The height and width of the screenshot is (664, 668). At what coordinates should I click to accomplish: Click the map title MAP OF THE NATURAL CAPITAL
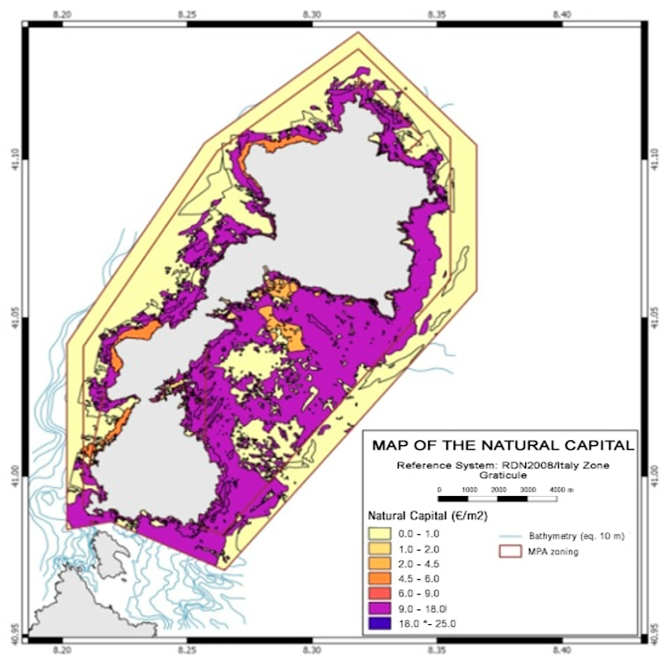coord(503,445)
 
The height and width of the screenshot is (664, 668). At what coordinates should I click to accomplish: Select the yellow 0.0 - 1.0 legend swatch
coord(379,533)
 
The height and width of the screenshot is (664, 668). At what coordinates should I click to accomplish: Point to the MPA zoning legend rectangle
coord(510,551)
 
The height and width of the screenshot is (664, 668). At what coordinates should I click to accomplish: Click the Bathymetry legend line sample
coord(510,537)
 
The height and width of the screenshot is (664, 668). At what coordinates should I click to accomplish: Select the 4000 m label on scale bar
coord(561,490)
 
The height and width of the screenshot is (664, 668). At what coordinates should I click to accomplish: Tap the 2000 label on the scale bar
coord(498,490)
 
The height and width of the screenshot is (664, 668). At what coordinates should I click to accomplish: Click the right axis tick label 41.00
coord(654,477)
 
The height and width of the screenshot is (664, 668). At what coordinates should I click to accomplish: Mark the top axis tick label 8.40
coord(561,14)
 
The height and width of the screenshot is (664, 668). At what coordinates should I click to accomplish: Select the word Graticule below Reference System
coord(503,475)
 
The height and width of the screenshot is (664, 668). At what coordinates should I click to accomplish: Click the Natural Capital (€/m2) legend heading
coord(428,516)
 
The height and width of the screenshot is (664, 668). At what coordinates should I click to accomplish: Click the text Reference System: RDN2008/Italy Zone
coord(503,465)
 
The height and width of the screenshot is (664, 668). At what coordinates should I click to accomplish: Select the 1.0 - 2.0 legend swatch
coord(379,549)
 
